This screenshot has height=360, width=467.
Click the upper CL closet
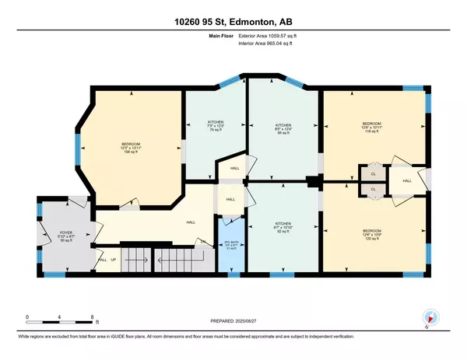373,173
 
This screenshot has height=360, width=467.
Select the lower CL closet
373,189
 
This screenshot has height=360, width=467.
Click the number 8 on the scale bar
93,317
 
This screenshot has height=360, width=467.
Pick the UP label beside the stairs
114,259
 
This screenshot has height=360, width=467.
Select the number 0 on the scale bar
27,317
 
